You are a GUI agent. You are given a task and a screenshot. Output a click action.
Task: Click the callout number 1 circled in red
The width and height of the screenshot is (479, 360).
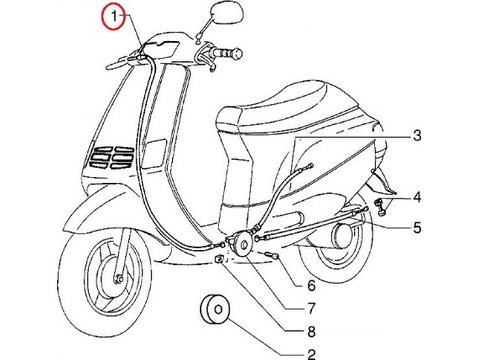coord(113,17)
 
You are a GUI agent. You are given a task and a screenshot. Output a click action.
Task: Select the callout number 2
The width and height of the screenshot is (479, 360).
coord(311,354)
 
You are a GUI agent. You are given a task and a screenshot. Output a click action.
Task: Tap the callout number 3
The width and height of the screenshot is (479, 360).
coord(417,135)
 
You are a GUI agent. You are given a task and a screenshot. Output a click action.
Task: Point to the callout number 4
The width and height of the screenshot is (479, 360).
coord(417,197)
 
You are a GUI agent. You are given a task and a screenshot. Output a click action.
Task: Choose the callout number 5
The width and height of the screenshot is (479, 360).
coord(417,227)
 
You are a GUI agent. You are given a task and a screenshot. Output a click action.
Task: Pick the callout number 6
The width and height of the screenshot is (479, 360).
coord(311,285)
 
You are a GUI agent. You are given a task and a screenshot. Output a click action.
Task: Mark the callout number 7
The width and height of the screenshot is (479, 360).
coord(311,308)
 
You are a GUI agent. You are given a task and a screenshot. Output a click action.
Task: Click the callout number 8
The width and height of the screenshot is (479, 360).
coord(311,331)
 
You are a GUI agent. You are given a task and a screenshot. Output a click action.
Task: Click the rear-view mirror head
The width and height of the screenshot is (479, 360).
coord(227,14)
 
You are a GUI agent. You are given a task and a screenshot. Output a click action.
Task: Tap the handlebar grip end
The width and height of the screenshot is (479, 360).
coord(237,54)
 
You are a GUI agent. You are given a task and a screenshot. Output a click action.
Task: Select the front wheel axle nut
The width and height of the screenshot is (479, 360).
coord(118,279)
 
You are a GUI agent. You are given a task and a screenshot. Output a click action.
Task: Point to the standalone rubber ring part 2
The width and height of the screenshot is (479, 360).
coord(216,309)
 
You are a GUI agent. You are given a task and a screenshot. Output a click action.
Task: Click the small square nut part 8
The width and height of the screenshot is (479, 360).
coord(220,259)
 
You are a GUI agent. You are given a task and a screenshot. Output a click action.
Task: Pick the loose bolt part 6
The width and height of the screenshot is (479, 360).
coord(272,255)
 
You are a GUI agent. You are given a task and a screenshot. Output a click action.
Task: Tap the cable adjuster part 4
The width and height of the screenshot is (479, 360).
coord(381,207)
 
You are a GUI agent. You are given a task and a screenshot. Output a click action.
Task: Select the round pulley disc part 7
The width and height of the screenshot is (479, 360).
coord(242,244)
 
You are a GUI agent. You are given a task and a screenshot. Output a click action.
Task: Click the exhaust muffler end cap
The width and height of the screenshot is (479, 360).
coord(341,236)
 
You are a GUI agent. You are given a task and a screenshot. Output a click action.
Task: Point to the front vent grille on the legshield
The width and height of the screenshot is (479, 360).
coord(111,158)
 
